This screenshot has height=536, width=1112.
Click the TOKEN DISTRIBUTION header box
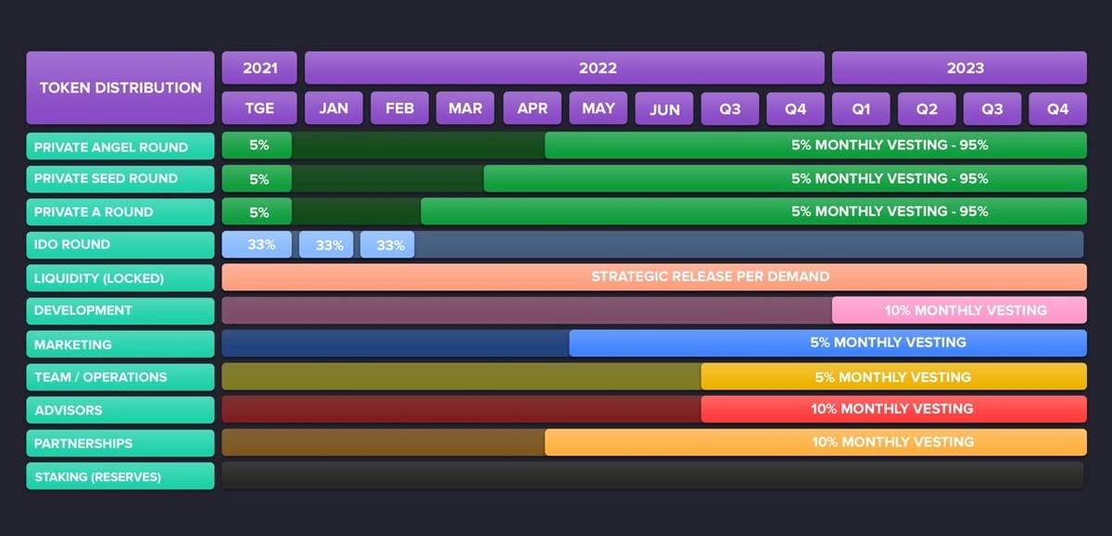pyautogui.click(x=120, y=88)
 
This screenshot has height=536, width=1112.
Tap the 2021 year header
pyautogui.click(x=259, y=68)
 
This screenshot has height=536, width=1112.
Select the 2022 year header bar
pyautogui.click(x=564, y=68)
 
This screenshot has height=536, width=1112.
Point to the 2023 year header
pyautogui.click(x=959, y=68)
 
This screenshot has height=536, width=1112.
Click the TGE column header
pyautogui.click(x=259, y=108)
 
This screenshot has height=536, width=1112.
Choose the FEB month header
pyautogui.click(x=399, y=108)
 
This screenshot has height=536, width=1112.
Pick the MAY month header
pyautogui.click(x=598, y=108)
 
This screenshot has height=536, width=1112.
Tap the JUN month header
pyautogui.click(x=663, y=108)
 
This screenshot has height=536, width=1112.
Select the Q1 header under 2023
pyautogui.click(x=861, y=108)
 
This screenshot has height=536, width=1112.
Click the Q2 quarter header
pyautogui.click(x=927, y=108)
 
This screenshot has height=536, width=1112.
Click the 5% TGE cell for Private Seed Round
pyautogui.click(x=258, y=179)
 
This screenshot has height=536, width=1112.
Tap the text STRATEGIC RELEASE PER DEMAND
pyautogui.click(x=710, y=276)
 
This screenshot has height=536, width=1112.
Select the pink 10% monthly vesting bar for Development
pyautogui.click(x=959, y=311)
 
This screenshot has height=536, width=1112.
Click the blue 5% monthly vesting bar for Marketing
pyautogui.click(x=828, y=343)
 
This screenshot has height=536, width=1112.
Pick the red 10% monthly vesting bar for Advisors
pyautogui.click(x=893, y=409)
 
